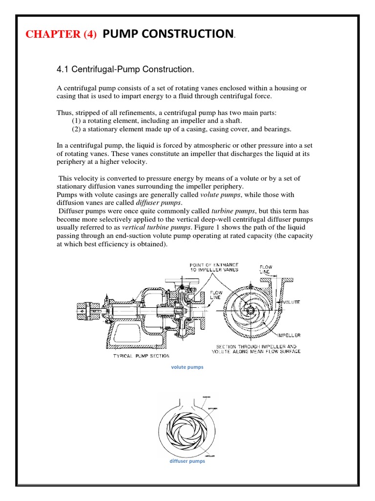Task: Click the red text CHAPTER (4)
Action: pyautogui.click(x=62, y=34)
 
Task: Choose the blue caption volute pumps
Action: pyautogui.click(x=187, y=367)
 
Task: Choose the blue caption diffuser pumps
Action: pyautogui.click(x=187, y=461)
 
